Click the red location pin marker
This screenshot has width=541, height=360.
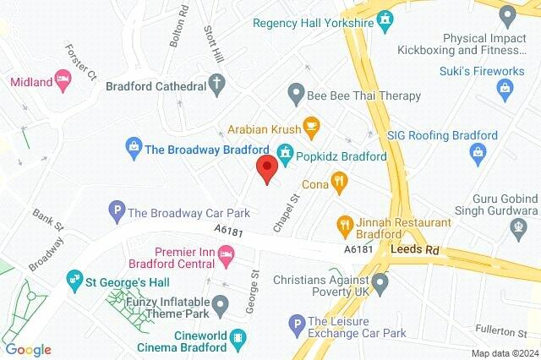[x=267, y=168]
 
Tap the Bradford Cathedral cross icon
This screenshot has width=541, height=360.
[x=217, y=85]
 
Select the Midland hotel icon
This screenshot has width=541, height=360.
[x=63, y=80]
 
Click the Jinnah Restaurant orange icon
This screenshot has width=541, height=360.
[x=345, y=224]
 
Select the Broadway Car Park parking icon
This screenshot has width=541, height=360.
[x=117, y=210]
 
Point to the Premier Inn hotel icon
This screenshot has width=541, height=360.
[x=226, y=253]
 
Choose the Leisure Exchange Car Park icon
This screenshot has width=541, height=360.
[x=296, y=322]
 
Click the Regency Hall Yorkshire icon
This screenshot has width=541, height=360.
[x=385, y=19]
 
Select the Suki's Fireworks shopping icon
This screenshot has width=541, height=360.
[x=505, y=87]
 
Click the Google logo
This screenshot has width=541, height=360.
[x=28, y=350]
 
